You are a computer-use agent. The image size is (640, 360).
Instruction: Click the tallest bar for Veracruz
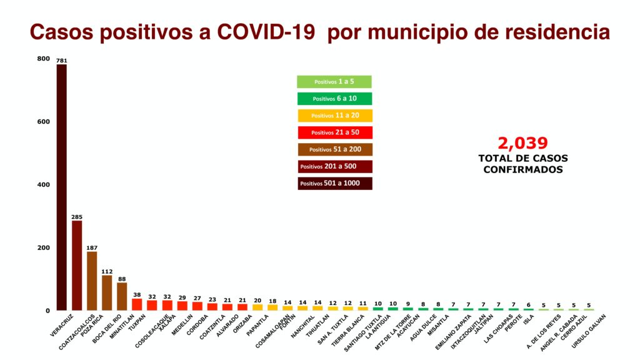coord(61,187)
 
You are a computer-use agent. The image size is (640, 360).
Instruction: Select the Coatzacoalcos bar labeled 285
coord(77,265)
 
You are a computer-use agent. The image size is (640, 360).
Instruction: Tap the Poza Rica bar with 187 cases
coord(92,281)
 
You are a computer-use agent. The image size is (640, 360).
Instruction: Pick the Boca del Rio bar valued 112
coord(107,292)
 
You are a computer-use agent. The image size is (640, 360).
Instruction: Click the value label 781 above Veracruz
coord(61,61)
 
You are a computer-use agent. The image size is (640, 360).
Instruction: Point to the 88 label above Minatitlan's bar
coord(122,279)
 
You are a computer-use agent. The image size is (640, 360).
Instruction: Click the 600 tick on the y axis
coord(43,122)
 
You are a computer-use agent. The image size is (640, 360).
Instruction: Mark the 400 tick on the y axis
coord(43,185)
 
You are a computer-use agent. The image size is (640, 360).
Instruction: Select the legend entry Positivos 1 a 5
coord(334,82)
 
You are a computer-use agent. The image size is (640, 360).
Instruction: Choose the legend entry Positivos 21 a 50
coord(334,132)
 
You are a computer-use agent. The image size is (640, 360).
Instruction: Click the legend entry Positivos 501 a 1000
coord(334,183)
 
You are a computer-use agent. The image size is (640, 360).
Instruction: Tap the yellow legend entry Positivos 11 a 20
coord(334,116)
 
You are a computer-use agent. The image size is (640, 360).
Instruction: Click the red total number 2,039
coord(522,143)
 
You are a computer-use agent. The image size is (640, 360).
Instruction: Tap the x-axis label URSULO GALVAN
coord(587,327)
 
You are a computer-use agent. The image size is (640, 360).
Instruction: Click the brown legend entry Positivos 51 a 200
coord(334,149)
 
